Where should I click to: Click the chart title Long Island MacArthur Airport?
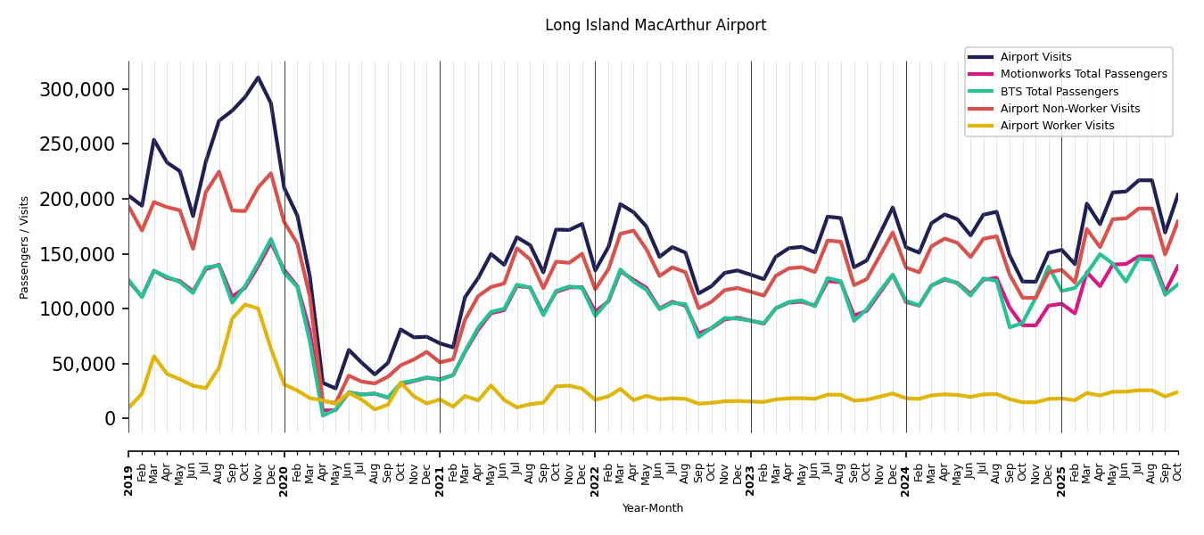(656, 26)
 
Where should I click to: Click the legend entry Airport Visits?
(1035, 57)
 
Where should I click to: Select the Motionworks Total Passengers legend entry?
(1083, 74)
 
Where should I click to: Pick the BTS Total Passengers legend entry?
(1059, 92)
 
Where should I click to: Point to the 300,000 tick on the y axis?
(78, 89)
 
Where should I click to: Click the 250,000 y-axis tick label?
(78, 144)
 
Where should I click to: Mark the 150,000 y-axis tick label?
(78, 254)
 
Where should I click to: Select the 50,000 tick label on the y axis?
(83, 364)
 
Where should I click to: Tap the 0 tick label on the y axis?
(111, 419)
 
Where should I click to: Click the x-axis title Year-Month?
(653, 508)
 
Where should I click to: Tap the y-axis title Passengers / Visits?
(25, 247)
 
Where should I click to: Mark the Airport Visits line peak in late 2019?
(259, 78)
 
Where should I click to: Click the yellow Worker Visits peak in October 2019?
(245, 305)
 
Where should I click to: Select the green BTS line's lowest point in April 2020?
(323, 415)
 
